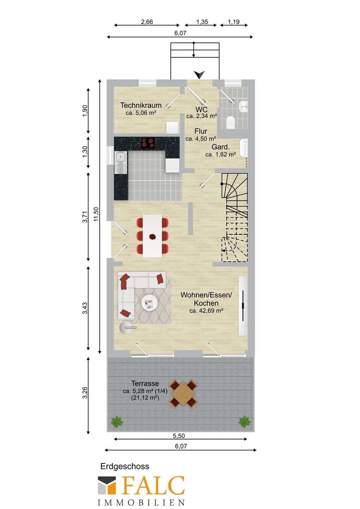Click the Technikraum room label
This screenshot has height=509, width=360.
click(141, 105)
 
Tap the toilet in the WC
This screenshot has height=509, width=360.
click(231, 122)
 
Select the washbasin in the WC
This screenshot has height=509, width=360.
click(244, 106)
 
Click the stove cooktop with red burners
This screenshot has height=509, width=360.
click(148, 143)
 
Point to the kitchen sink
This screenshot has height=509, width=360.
click(121, 162)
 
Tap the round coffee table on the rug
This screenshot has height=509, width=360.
click(149, 303)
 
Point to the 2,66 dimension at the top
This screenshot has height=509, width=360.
click(147, 22)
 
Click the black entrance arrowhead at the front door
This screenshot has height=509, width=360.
click(199, 75)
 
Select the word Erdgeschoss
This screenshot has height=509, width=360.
click(125, 466)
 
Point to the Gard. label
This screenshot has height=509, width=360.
click(220, 147)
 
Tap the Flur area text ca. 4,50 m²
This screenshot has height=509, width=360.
click(201, 139)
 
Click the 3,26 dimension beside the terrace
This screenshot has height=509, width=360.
click(85, 393)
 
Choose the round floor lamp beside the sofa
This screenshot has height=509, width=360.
click(126, 328)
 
